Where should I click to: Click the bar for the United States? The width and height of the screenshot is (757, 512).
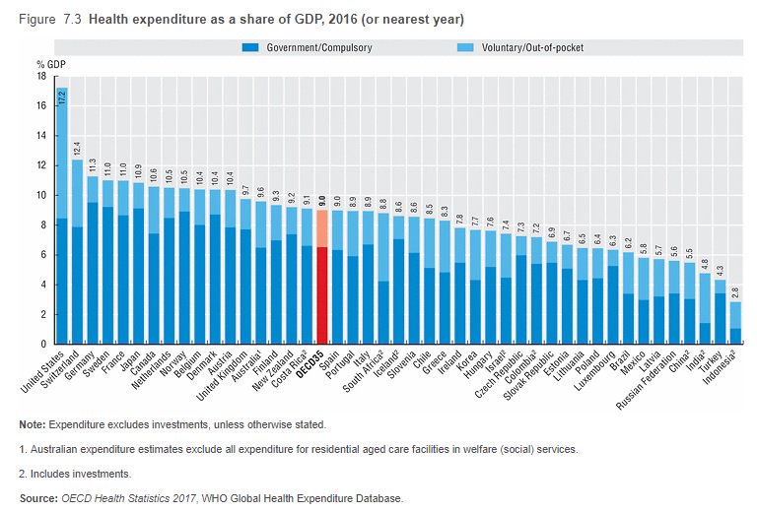pos(61,246)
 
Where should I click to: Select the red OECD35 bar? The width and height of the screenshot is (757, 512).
pos(321,286)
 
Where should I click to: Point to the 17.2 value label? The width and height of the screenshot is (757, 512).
pos(61,96)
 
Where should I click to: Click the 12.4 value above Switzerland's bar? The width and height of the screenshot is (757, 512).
pos(77,148)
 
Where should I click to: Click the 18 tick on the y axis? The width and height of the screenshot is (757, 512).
pos(40,76)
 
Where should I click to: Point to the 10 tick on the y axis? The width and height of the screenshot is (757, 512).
pos(40,195)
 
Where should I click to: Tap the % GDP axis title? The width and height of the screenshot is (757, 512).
pos(49,63)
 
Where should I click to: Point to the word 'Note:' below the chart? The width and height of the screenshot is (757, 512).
pos(32,424)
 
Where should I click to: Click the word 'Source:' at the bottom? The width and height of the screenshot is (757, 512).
pos(37,497)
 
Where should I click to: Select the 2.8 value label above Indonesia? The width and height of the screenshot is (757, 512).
pos(735,291)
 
